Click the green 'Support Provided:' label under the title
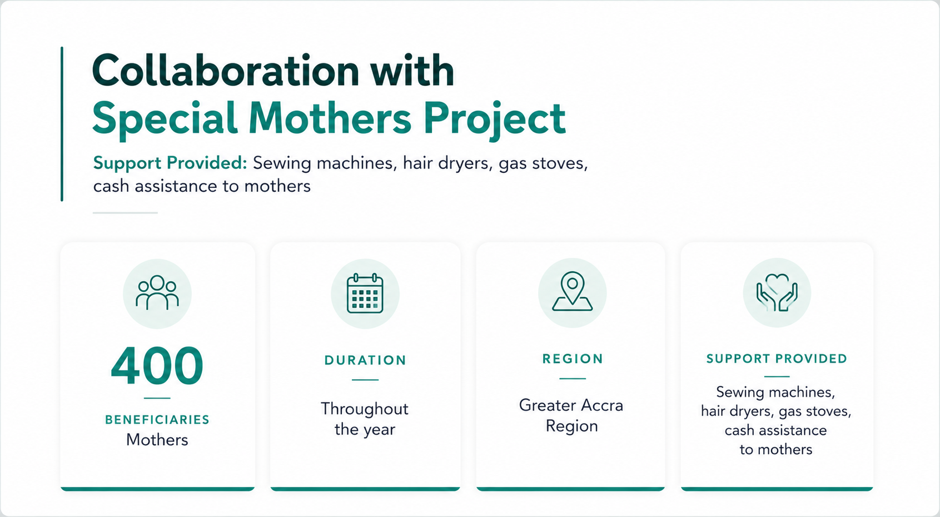(170, 163)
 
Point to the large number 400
(157, 365)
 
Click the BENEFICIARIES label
(157, 420)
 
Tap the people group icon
(157, 292)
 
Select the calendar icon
(365, 294)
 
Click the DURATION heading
(365, 360)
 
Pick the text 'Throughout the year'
(365, 419)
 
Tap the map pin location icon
(573, 292)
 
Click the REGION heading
(573, 359)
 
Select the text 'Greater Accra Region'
(571, 415)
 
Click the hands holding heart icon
(777, 292)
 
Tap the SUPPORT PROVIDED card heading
(777, 359)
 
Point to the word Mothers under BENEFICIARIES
(157, 440)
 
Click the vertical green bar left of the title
(62, 124)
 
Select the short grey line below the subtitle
(125, 213)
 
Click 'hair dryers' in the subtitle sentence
(447, 163)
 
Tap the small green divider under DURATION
(365, 380)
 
